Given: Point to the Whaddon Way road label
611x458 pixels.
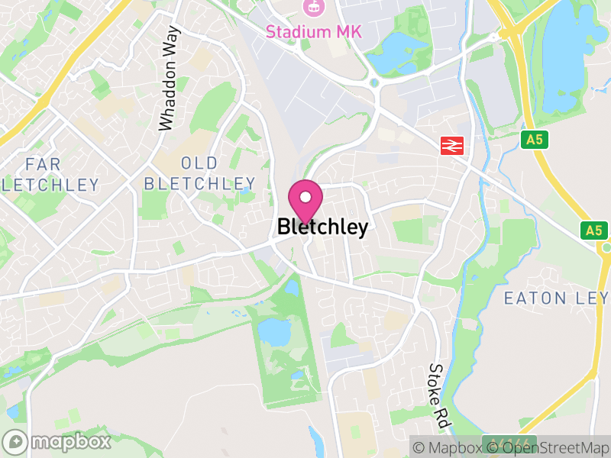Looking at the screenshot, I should click(x=170, y=79).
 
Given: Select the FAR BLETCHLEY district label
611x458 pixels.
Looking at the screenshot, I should click(x=50, y=175).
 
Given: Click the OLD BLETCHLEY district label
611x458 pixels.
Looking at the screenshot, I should click(x=199, y=173).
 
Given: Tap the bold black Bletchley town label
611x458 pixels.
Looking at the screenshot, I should click(x=322, y=227).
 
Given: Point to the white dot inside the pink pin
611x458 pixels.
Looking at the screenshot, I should click(x=305, y=197).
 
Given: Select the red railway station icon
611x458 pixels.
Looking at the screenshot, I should click(x=453, y=144).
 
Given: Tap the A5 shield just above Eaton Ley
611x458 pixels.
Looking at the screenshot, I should click(x=592, y=230).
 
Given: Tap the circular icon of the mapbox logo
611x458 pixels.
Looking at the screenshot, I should click(x=15, y=442).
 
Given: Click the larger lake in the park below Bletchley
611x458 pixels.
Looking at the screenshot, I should click(x=273, y=331).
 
